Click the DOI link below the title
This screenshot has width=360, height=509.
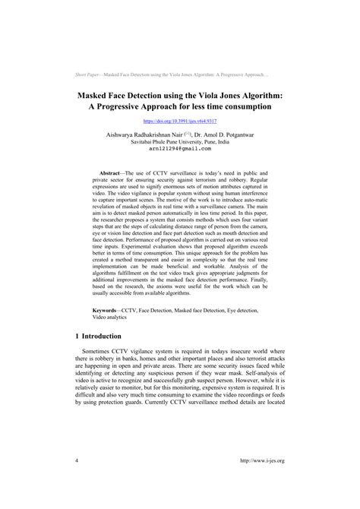coord(179,121)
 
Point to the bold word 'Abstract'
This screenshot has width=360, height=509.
coord(106,174)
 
